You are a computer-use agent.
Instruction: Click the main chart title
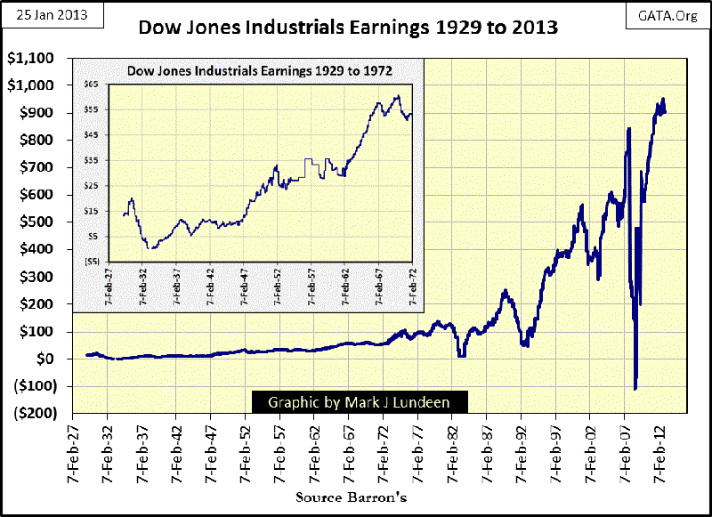(348, 28)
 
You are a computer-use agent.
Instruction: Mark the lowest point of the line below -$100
(635, 389)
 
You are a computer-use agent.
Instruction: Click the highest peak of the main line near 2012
(663, 99)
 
